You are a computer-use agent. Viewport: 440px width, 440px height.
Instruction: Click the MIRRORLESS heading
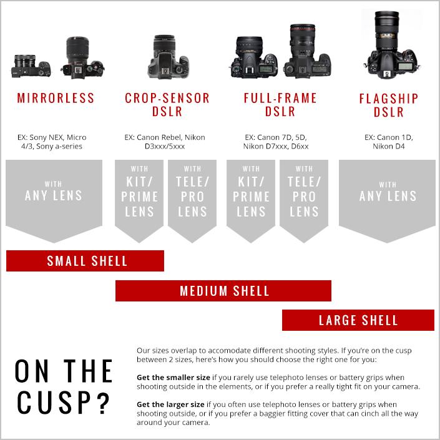pyautogui.click(x=56, y=98)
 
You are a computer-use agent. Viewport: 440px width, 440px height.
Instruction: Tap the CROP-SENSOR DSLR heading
pyautogui.click(x=167, y=105)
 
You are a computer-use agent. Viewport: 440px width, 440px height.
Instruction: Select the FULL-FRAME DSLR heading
pyautogui.click(x=280, y=105)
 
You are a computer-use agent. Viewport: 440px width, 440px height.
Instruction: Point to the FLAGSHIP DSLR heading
pyautogui.click(x=389, y=105)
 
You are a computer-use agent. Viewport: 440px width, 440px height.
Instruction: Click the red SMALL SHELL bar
pyautogui.click(x=86, y=261)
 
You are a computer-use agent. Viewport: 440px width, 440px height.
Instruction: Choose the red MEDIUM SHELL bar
pyautogui.click(x=223, y=291)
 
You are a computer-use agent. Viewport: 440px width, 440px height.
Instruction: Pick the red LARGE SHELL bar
pyautogui.click(x=358, y=320)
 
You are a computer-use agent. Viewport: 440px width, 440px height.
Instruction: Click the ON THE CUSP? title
pyautogui.click(x=63, y=387)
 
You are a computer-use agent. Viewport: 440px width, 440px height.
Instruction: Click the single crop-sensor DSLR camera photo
pyautogui.click(x=167, y=57)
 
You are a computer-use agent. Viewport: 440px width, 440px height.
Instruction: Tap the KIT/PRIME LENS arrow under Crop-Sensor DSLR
pyautogui.click(x=140, y=197)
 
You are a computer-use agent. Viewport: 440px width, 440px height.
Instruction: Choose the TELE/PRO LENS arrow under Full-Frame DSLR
pyautogui.click(x=304, y=197)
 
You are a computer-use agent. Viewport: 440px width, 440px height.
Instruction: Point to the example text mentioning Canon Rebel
pyautogui.click(x=165, y=142)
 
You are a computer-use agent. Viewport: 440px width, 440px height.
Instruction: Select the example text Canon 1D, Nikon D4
pyautogui.click(x=388, y=142)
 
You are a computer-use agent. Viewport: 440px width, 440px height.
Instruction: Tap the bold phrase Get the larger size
pyautogui.click(x=170, y=405)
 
